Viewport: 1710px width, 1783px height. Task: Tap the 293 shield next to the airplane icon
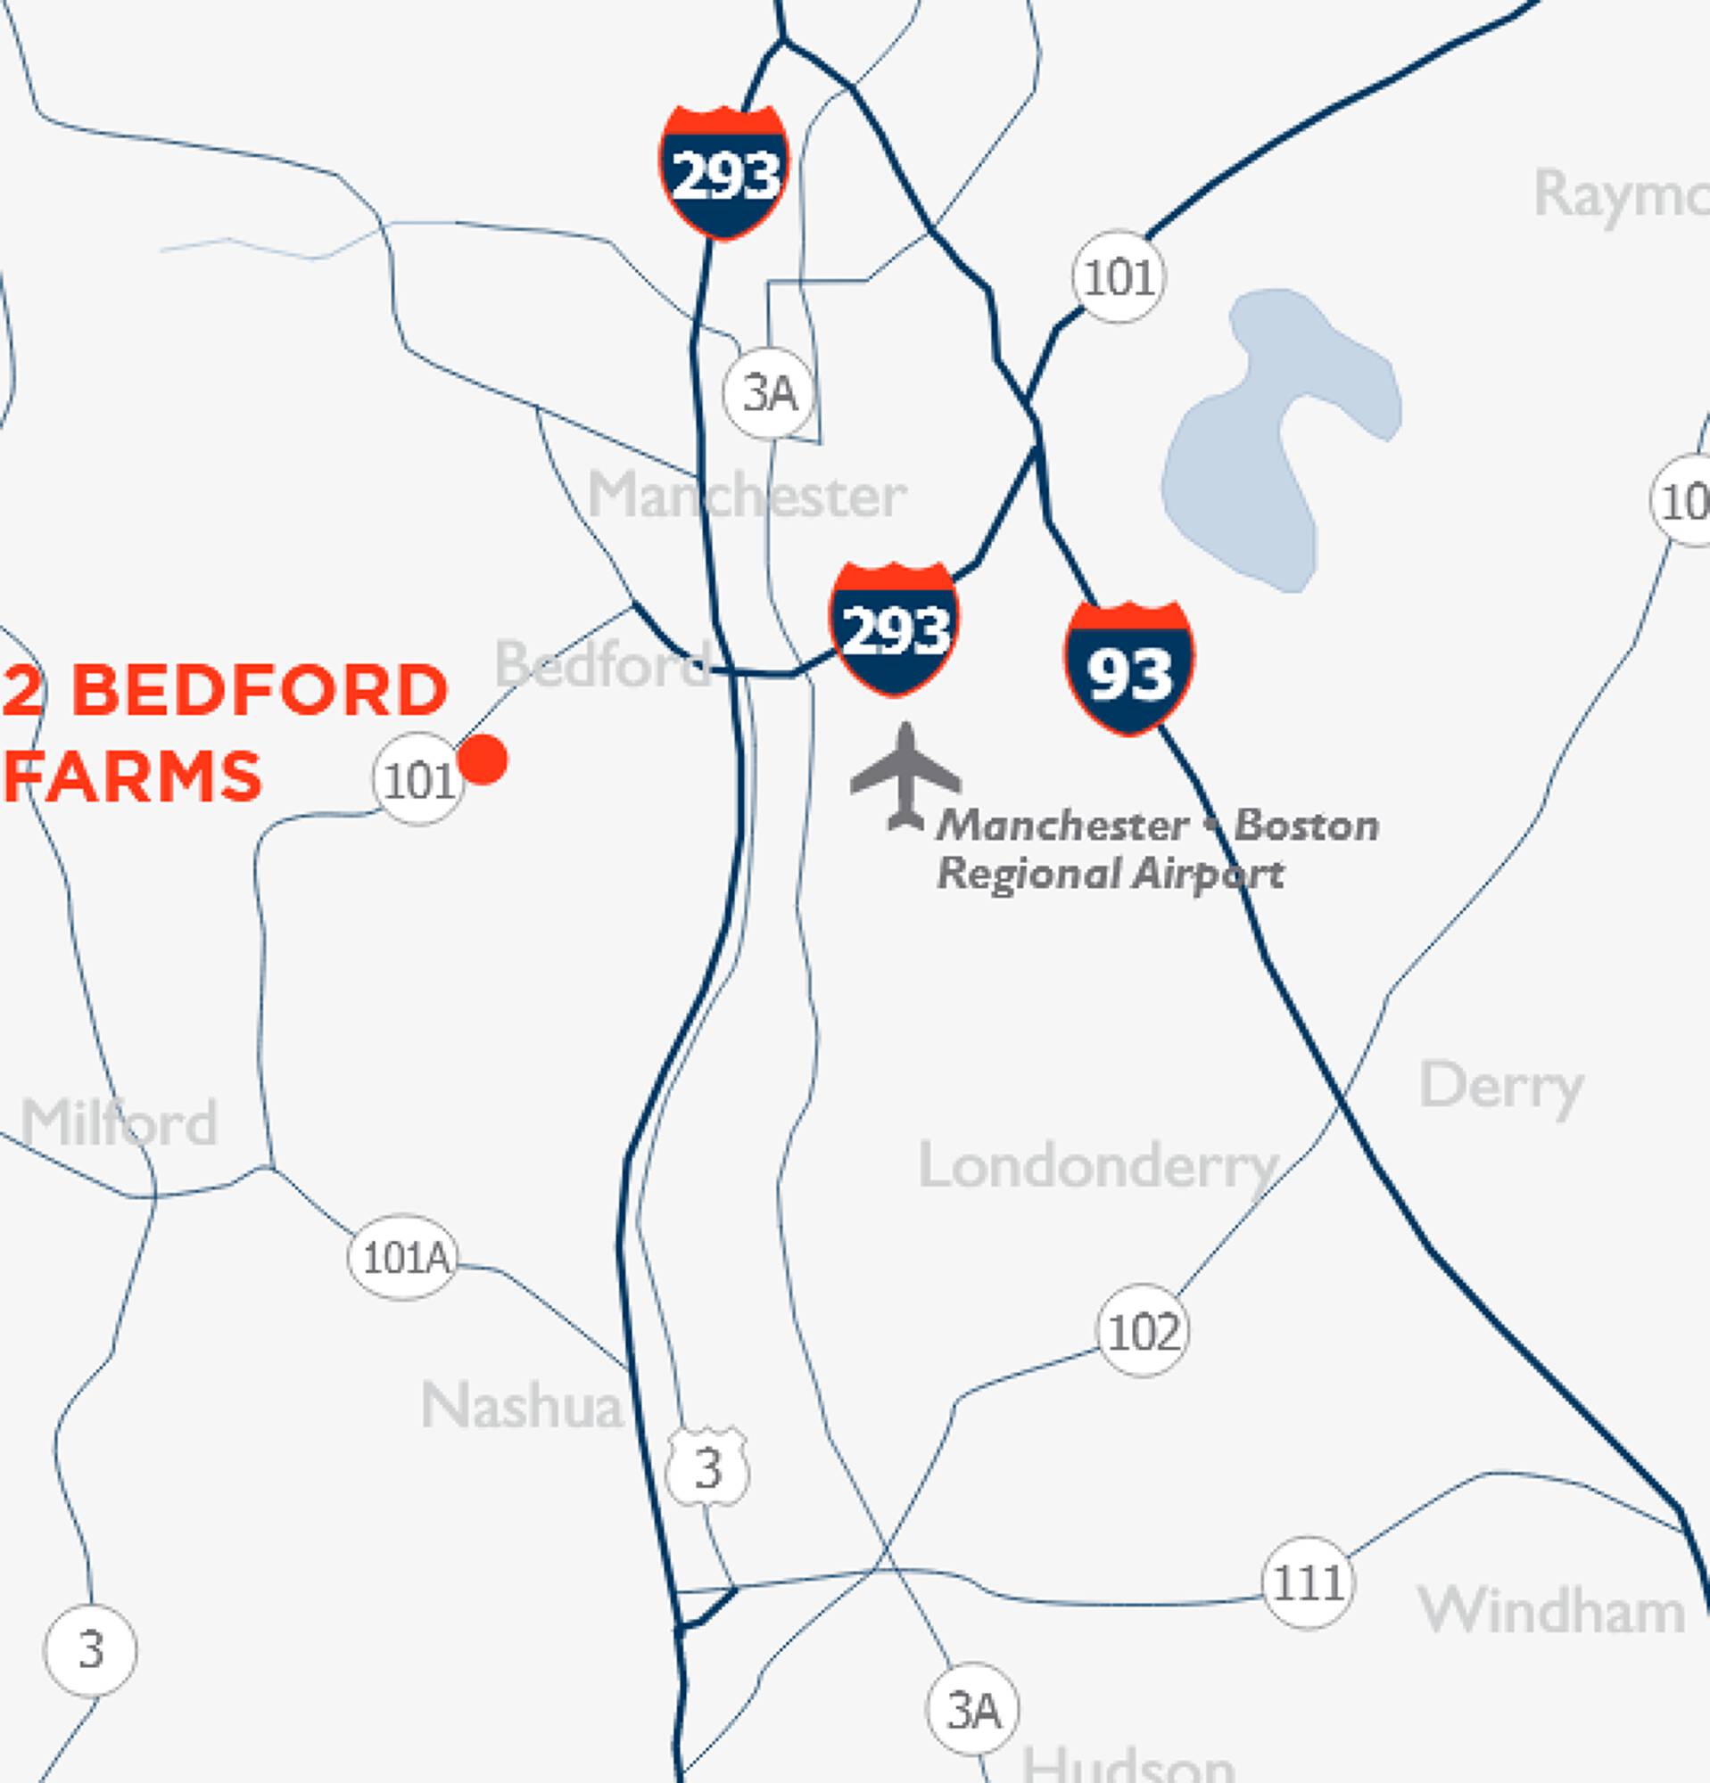point(894,629)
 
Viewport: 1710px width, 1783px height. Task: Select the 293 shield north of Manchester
point(723,172)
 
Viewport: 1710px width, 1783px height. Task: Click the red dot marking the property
point(483,759)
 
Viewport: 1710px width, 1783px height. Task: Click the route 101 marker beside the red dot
point(417,779)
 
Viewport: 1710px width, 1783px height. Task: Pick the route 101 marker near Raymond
point(1119,276)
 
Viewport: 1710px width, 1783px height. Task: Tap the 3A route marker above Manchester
point(770,393)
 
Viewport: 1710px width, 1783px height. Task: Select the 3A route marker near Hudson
point(972,1711)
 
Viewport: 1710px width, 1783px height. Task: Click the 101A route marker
point(403,1258)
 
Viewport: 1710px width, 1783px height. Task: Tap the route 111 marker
point(1308,1584)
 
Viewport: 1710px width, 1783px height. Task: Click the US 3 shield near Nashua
point(707,1467)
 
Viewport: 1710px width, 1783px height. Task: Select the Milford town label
point(120,1122)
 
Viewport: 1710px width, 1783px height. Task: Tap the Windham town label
point(1550,1610)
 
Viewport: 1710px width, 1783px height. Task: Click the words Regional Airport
point(1111,874)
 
